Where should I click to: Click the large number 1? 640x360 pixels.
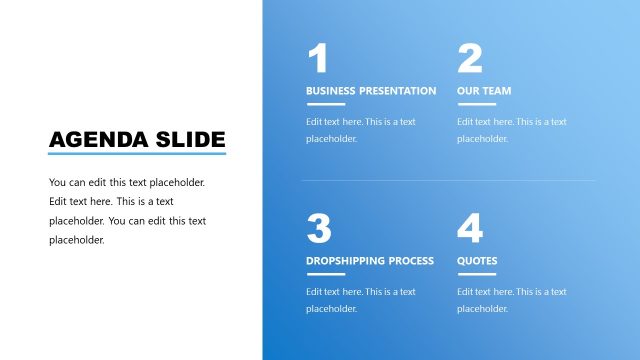(x=318, y=59)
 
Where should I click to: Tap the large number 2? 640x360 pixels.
(x=470, y=59)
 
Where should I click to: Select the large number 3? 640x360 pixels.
(x=319, y=229)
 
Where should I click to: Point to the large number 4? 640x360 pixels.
(x=470, y=229)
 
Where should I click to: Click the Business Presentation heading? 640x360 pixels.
(x=371, y=91)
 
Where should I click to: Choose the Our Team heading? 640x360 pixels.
(x=484, y=91)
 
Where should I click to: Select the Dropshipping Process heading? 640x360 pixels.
(x=370, y=261)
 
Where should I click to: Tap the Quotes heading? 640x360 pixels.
(x=477, y=261)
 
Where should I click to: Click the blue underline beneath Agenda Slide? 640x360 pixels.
(x=137, y=154)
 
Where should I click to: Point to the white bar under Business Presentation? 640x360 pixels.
(x=325, y=104)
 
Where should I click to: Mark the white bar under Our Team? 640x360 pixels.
(x=476, y=104)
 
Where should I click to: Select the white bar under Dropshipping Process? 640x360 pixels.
(x=325, y=274)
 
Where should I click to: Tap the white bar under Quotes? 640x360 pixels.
(x=476, y=274)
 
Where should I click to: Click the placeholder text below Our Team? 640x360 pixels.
(x=511, y=130)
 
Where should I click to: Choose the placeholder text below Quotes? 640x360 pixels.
(x=511, y=300)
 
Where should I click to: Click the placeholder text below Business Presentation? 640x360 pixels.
(x=360, y=130)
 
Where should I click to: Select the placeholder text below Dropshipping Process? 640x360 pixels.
(x=360, y=300)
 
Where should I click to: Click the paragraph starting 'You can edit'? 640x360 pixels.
(x=127, y=211)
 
